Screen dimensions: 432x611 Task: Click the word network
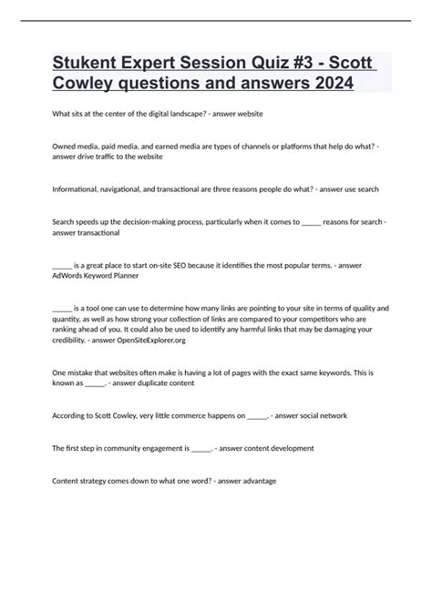pyautogui.click(x=329, y=416)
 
